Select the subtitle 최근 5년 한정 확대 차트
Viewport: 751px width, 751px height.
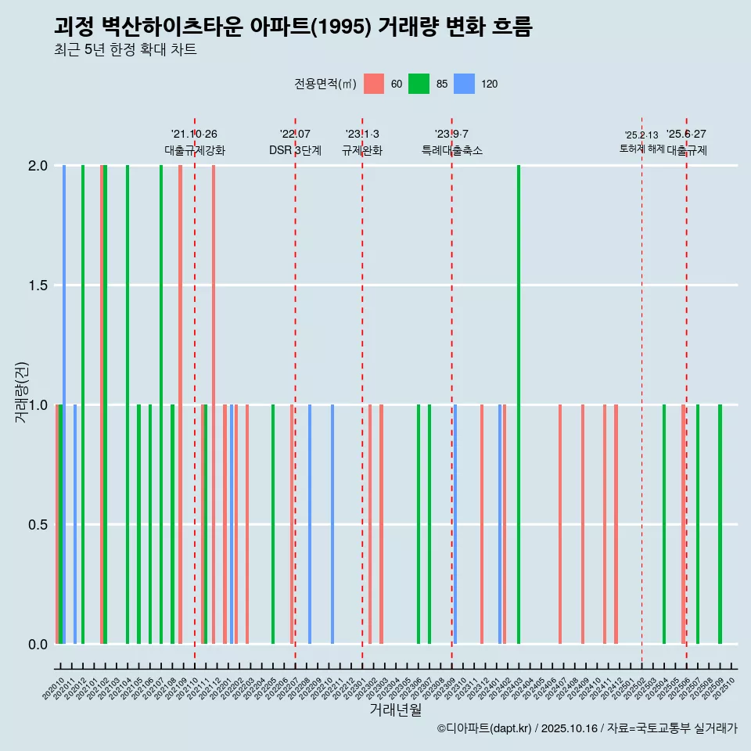(125, 50)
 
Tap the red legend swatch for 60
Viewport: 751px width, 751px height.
(374, 84)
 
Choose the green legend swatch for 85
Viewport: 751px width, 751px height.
(419, 84)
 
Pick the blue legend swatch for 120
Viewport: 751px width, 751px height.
(465, 84)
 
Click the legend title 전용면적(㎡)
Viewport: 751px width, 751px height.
(325, 84)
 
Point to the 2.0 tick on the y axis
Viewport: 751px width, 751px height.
(38, 166)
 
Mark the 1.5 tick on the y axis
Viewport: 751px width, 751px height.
(38, 286)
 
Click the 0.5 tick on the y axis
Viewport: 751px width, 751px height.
(38, 525)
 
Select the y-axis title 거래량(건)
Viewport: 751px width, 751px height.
(21, 392)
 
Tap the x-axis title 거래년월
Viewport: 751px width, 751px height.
(395, 710)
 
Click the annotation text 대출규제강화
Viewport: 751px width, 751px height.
(194, 150)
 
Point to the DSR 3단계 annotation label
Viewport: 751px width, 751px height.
(295, 150)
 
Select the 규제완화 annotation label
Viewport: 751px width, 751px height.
(361, 150)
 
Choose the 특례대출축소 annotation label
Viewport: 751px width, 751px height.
(451, 150)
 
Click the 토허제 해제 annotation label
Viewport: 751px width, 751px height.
(641, 148)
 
